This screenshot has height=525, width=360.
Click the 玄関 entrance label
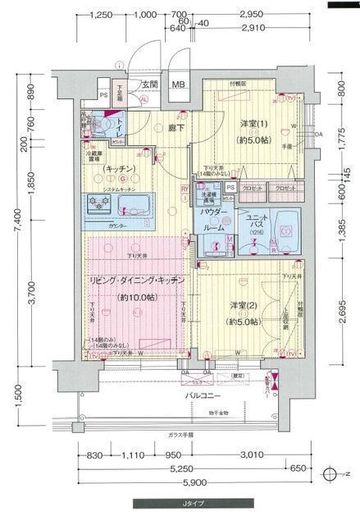click(x=148, y=84)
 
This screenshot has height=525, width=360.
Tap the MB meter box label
click(x=178, y=84)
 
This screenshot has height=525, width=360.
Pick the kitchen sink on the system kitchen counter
click(x=134, y=203)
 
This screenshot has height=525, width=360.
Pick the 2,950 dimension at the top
click(x=251, y=15)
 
